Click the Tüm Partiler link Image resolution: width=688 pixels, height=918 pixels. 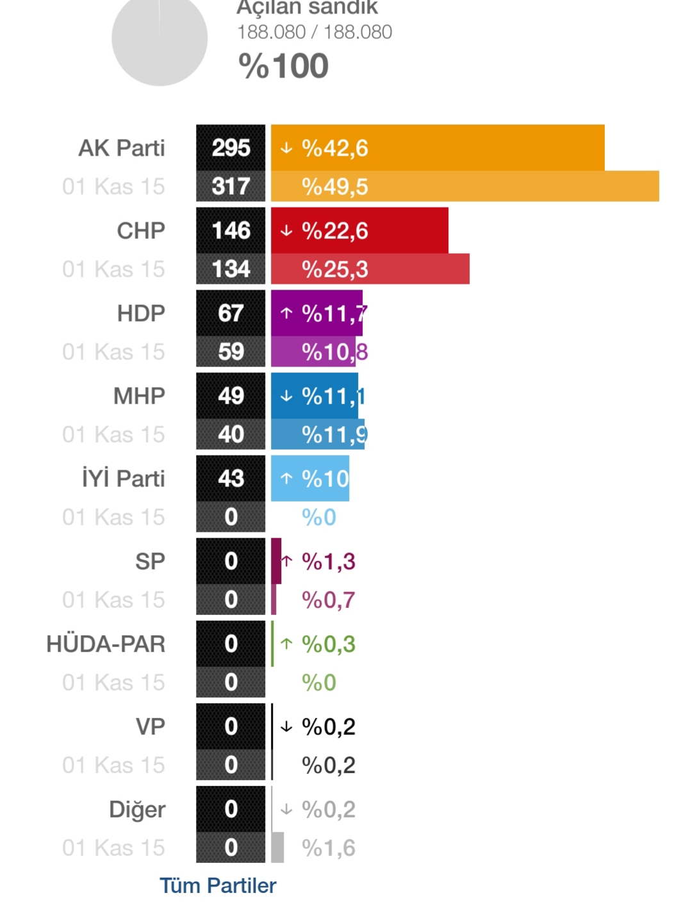[218, 885]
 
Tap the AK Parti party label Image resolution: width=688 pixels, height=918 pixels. [122, 148]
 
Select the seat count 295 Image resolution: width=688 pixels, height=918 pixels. [231, 148]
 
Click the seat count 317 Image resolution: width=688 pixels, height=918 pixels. [231, 186]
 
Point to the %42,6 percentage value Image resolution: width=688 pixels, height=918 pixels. [334, 148]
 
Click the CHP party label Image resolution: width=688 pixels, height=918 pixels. [141, 231]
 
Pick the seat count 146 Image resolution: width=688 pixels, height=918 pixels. [231, 231]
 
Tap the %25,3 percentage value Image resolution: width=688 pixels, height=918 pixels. [334, 269]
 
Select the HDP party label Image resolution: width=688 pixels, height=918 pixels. [141, 313]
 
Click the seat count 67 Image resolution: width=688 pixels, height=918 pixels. [231, 313]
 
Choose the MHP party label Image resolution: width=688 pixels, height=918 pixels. [139, 396]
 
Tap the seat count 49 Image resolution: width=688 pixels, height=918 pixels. [231, 396]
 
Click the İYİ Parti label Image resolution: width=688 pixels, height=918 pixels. [123, 479]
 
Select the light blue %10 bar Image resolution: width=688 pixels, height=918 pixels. [310, 479]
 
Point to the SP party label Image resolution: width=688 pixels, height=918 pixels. [150, 561]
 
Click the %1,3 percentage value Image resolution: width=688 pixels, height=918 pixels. [328, 561]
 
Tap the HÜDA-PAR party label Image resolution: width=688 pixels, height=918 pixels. [106, 644]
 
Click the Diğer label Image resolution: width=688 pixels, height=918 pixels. [137, 809]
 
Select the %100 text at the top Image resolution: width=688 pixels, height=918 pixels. [283, 66]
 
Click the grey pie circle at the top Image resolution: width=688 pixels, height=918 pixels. [160, 40]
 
